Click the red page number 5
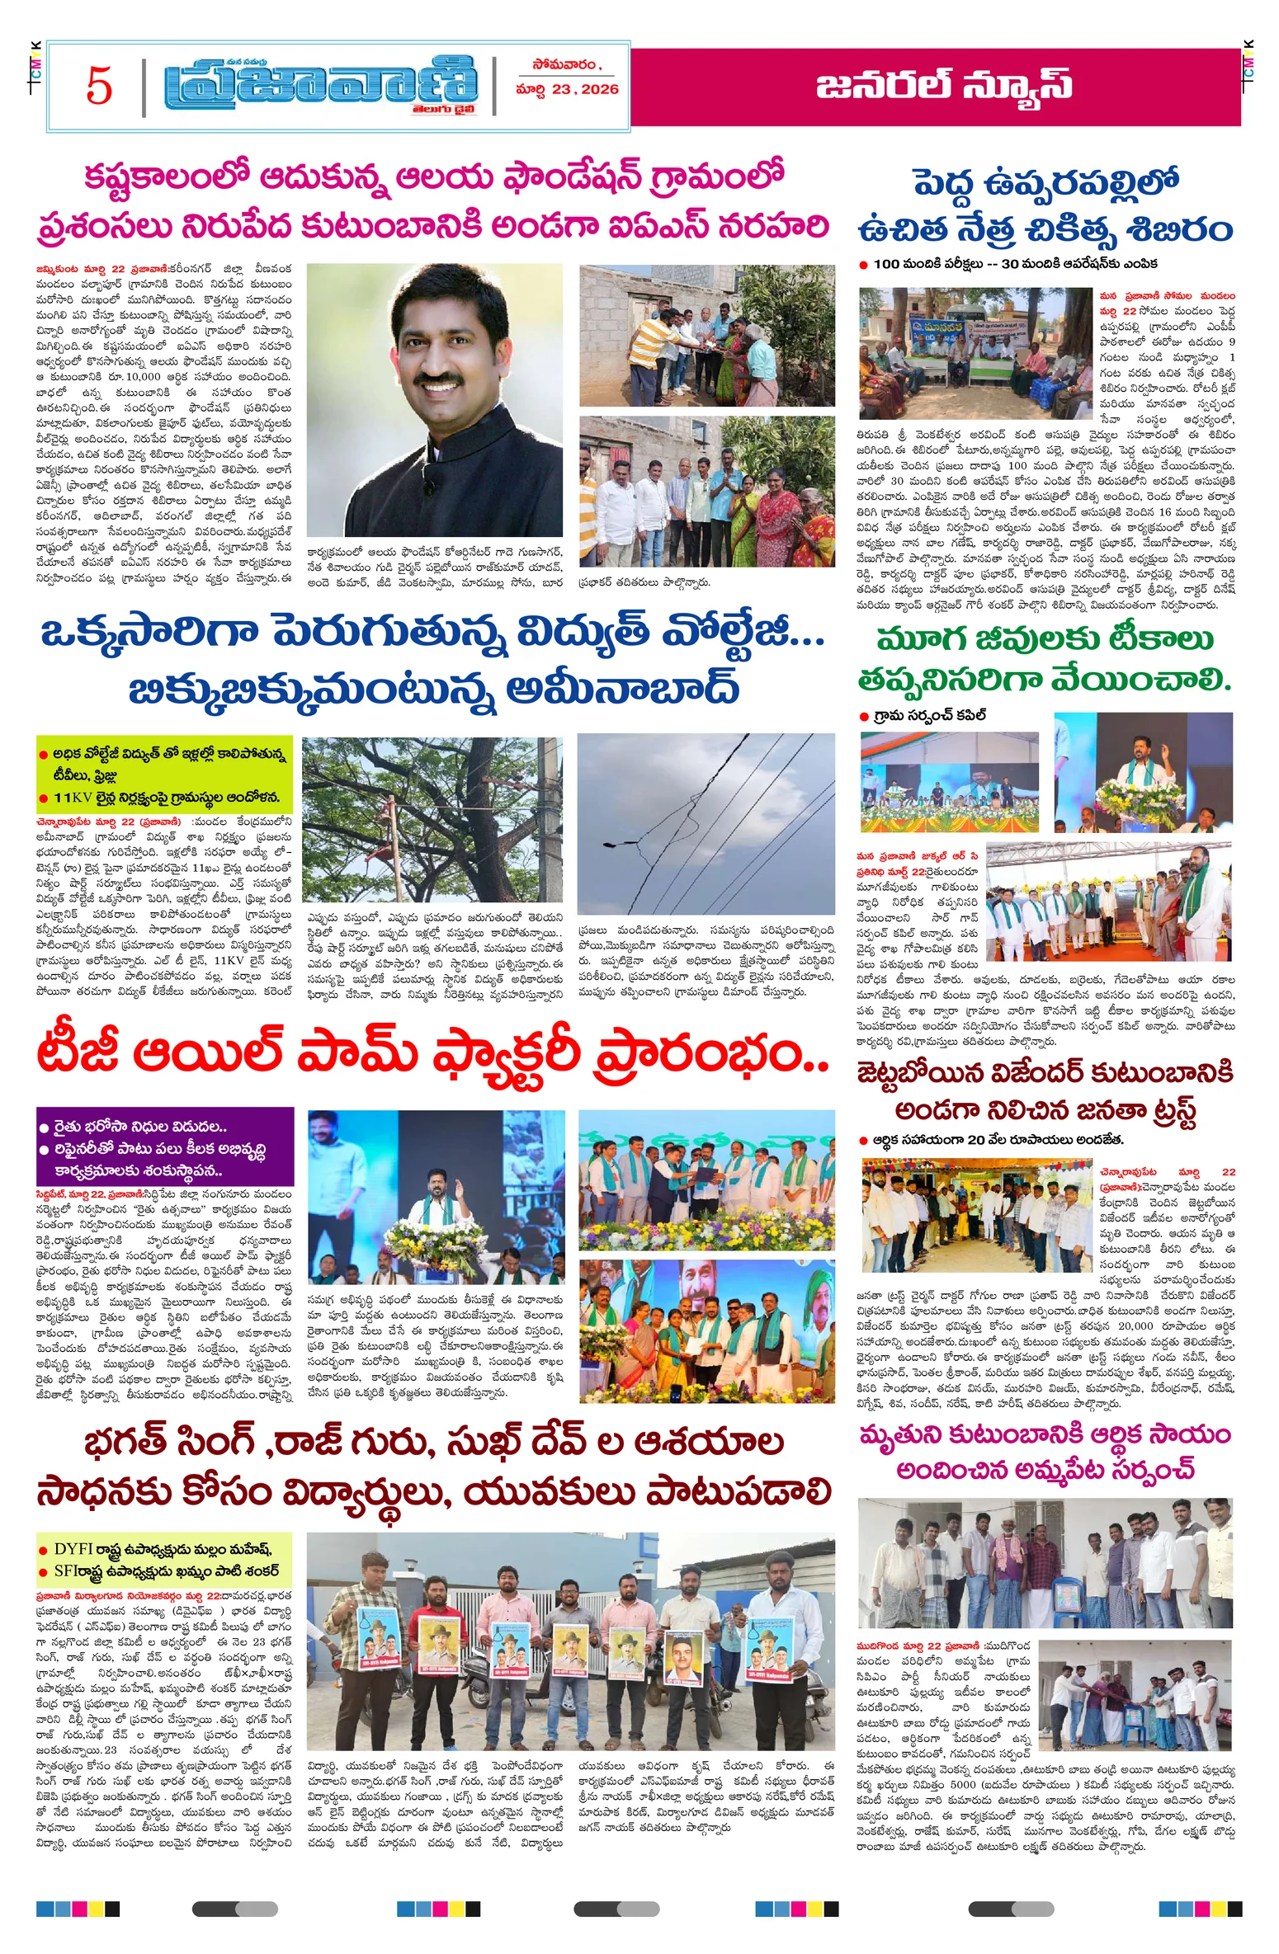[99, 86]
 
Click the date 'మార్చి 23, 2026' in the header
[567, 90]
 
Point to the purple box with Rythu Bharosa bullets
[165, 1147]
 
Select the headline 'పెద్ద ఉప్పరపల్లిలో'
[1045, 183]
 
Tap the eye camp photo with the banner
[975, 353]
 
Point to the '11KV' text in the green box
[73, 798]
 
